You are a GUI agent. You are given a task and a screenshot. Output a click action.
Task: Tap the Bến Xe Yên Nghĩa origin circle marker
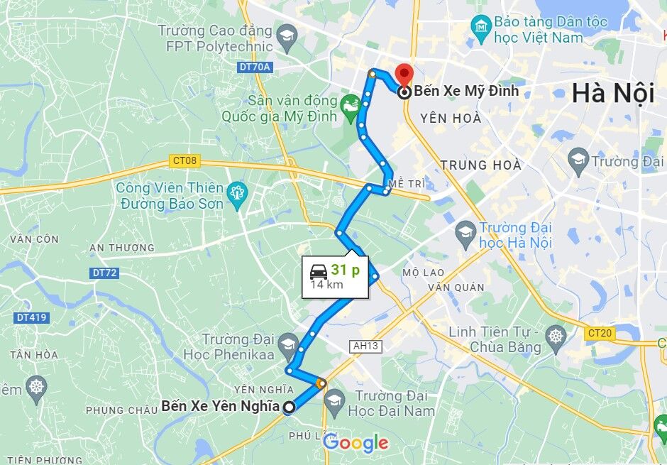(x=289, y=407)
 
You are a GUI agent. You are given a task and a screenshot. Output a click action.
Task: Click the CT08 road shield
(x=184, y=160)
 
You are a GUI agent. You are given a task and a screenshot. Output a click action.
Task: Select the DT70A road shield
(x=254, y=67)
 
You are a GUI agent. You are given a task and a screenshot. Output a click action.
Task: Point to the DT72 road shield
(x=104, y=273)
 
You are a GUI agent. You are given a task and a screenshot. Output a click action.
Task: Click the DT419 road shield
(x=30, y=317)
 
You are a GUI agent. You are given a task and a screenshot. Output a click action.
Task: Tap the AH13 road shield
(x=365, y=346)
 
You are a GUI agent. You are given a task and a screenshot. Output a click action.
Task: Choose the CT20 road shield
(x=600, y=332)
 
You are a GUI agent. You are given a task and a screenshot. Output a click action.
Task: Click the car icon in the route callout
(x=317, y=270)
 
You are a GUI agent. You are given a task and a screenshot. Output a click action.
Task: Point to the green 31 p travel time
(x=345, y=270)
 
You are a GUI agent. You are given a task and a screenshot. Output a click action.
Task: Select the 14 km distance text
(x=326, y=285)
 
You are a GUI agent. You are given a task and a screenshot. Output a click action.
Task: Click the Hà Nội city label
(x=612, y=93)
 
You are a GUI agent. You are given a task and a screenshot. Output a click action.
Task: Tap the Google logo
(x=355, y=444)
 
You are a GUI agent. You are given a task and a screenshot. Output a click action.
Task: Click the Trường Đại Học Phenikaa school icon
(x=287, y=345)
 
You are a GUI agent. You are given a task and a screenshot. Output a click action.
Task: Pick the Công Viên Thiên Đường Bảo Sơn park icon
(x=235, y=192)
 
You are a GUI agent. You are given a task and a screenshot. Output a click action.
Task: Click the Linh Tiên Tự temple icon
(x=556, y=336)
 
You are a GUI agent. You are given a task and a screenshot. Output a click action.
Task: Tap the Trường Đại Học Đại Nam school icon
(x=334, y=403)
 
